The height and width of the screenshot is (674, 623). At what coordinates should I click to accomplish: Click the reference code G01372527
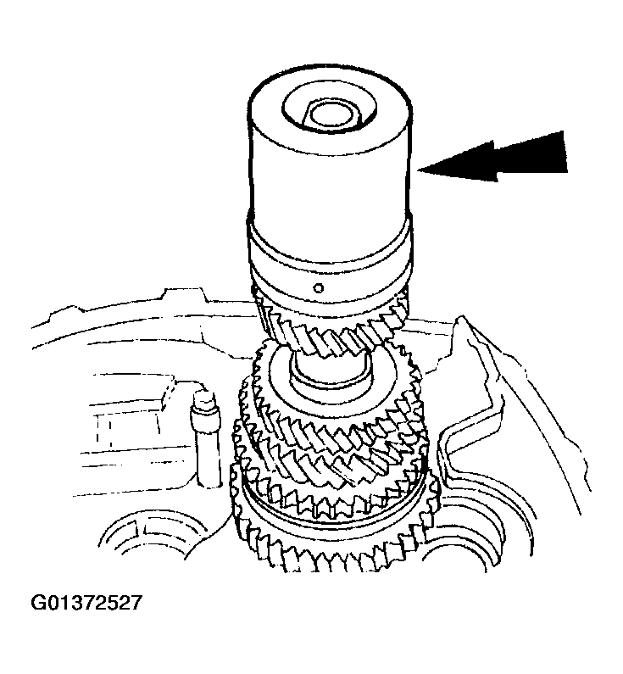point(86,603)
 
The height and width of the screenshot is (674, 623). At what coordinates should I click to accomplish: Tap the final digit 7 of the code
point(134,603)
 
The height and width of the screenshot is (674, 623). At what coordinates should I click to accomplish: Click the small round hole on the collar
point(317,288)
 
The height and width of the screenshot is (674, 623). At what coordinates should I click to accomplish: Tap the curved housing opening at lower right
point(475,560)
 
